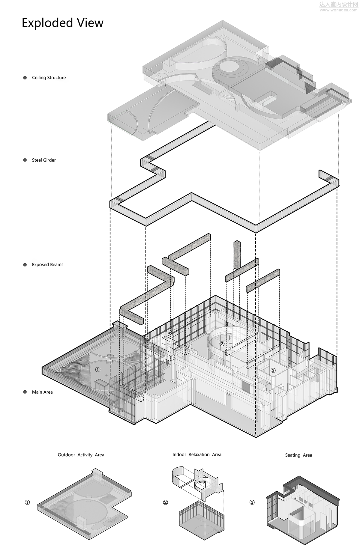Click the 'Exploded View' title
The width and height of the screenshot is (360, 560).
point(62,23)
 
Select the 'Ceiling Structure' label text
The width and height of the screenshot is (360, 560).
point(49,78)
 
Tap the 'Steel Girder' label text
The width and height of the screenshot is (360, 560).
point(44,160)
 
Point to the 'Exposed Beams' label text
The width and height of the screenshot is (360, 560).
point(48,265)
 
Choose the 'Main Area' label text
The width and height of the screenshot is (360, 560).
point(42,392)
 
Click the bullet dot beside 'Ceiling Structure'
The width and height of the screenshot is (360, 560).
point(25,78)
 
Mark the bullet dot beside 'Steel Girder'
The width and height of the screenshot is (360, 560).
point(25,160)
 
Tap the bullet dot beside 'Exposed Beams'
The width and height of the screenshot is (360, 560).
point(25,265)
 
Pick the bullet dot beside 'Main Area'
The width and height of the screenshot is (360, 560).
point(25,392)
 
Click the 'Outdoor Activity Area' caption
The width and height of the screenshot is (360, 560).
point(81,455)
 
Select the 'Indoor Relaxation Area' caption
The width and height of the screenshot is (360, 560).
point(197,454)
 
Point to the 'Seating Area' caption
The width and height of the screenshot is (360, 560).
point(298,455)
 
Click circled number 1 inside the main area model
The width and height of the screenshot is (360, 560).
point(97,370)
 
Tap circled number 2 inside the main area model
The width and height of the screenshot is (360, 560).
point(222,344)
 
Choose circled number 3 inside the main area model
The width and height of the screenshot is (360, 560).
point(273,371)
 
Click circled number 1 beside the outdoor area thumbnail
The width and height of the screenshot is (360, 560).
point(27,502)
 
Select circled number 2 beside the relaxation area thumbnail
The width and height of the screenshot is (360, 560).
point(165,502)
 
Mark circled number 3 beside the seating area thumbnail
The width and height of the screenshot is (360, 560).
point(252,502)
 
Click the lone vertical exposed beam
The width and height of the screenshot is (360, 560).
point(237,254)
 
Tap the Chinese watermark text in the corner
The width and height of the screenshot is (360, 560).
point(338,4)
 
